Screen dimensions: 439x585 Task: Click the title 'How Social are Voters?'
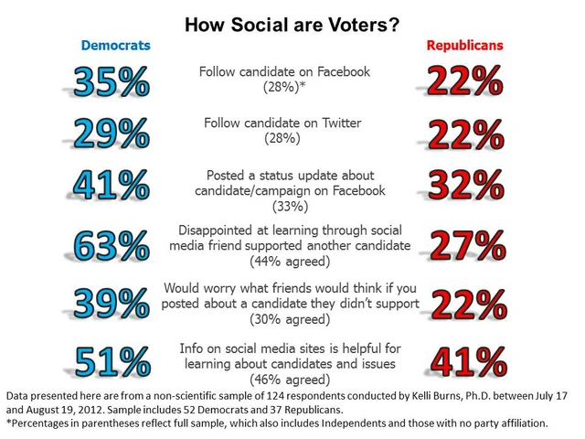click(x=292, y=22)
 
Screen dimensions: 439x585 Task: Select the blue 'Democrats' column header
click(x=115, y=46)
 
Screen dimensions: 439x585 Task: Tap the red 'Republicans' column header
click(x=465, y=46)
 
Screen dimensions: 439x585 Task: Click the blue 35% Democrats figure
click(x=111, y=82)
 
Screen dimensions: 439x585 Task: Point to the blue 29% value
click(x=111, y=134)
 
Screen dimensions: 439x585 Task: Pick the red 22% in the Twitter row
click(x=465, y=134)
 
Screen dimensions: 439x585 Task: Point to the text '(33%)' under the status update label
click(x=292, y=206)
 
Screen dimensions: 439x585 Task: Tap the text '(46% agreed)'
click(x=292, y=379)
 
